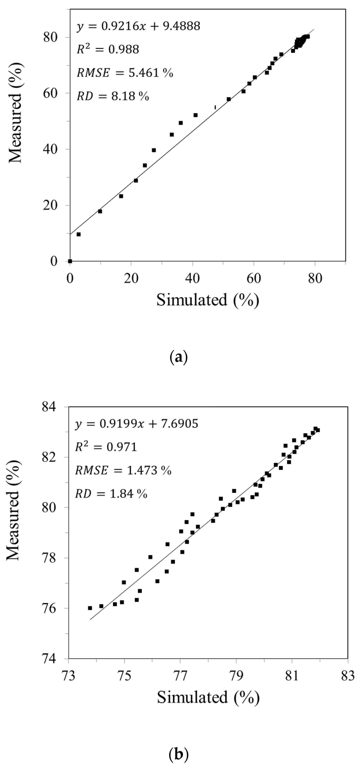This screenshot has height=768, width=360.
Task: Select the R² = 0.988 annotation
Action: click(108, 50)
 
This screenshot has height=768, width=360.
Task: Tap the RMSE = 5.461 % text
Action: click(125, 73)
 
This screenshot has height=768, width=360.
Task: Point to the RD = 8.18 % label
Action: click(113, 96)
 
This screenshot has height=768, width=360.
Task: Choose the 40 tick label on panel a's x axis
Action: click(192, 279)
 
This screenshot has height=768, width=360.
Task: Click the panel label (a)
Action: click(178, 356)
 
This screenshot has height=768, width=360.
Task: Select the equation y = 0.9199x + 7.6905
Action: click(137, 424)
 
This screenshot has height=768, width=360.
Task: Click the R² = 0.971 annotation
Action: click(106, 447)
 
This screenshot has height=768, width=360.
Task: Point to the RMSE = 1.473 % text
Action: click(123, 471)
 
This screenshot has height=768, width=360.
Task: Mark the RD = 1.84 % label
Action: click(111, 494)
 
